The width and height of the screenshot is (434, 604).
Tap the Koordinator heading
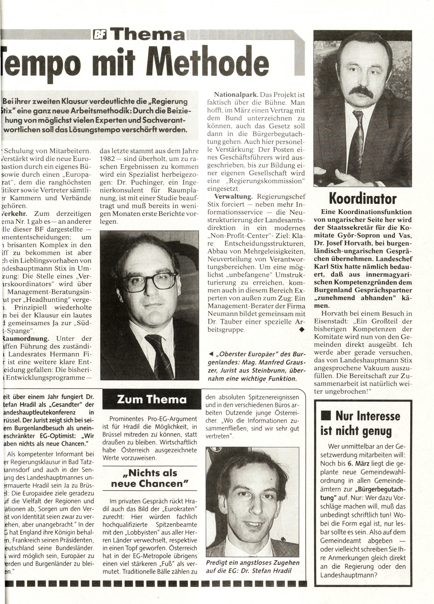(x=362, y=199)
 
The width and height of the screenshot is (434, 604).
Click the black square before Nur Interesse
(x=325, y=416)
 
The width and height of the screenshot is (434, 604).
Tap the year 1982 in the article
(x=109, y=159)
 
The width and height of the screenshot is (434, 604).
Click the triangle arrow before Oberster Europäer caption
(x=211, y=354)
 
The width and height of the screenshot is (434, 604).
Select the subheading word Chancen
(x=166, y=484)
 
